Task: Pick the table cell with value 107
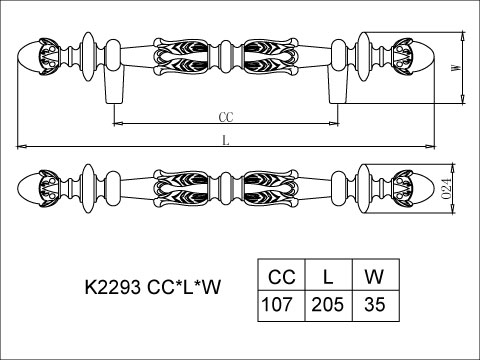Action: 281,306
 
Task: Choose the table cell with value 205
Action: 329,306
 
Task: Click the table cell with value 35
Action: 376,306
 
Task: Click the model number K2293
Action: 113,287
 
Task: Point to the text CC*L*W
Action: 184,287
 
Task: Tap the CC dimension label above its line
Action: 226,117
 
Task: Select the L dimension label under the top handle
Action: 226,141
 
